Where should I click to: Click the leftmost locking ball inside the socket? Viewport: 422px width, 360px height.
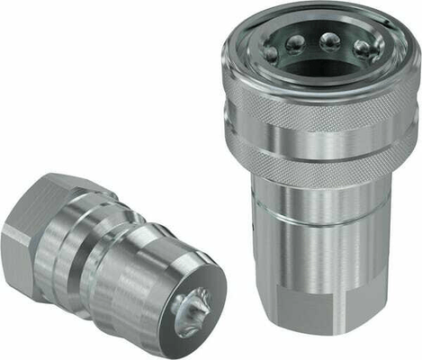[271, 55]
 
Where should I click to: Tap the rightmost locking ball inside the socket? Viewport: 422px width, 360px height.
[363, 49]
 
